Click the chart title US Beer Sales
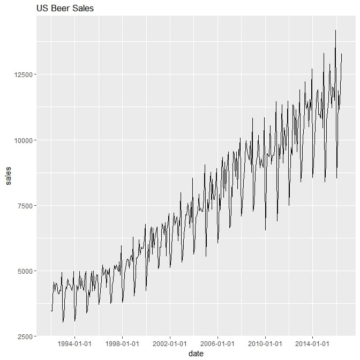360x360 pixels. tap(65, 9)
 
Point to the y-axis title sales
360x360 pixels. tap(8, 176)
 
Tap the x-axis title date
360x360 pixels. tap(196, 354)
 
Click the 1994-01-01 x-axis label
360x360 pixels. tap(74, 343)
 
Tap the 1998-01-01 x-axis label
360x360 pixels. tap(122, 343)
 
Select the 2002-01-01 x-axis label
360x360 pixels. tap(170, 343)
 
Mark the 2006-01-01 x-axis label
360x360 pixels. tap(217, 343)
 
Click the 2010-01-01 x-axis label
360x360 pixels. tap(265, 343)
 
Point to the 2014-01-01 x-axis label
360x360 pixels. tap(312, 343)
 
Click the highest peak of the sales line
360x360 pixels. tap(335, 31)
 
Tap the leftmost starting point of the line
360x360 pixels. tap(51, 311)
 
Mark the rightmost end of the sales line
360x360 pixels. tap(342, 54)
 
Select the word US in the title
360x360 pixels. tap(42, 9)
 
